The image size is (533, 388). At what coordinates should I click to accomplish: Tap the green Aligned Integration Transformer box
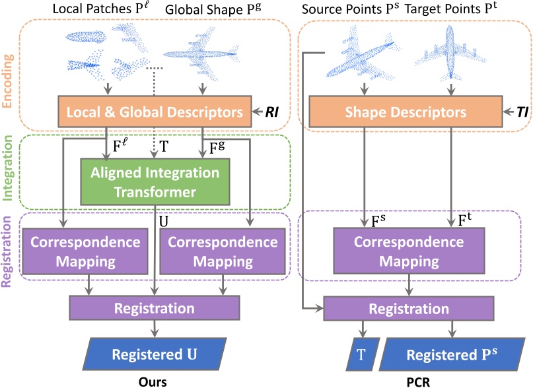click(x=155, y=182)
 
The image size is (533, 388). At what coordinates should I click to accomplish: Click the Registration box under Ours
click(x=155, y=308)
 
